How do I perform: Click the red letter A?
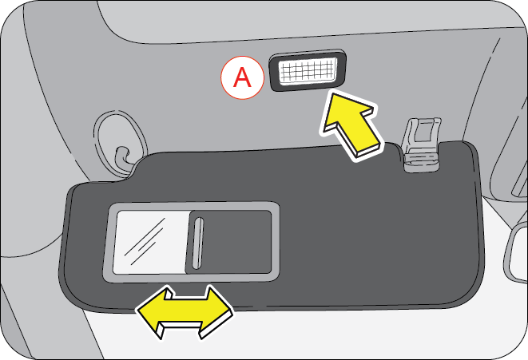click(x=243, y=77)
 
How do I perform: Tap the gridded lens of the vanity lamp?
click(x=308, y=71)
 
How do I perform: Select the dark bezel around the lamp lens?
click(x=308, y=53)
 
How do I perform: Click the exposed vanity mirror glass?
click(x=151, y=242)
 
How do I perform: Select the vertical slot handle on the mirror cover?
click(x=198, y=243)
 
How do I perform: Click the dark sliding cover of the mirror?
click(x=229, y=242)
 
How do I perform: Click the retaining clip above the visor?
click(x=422, y=144)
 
